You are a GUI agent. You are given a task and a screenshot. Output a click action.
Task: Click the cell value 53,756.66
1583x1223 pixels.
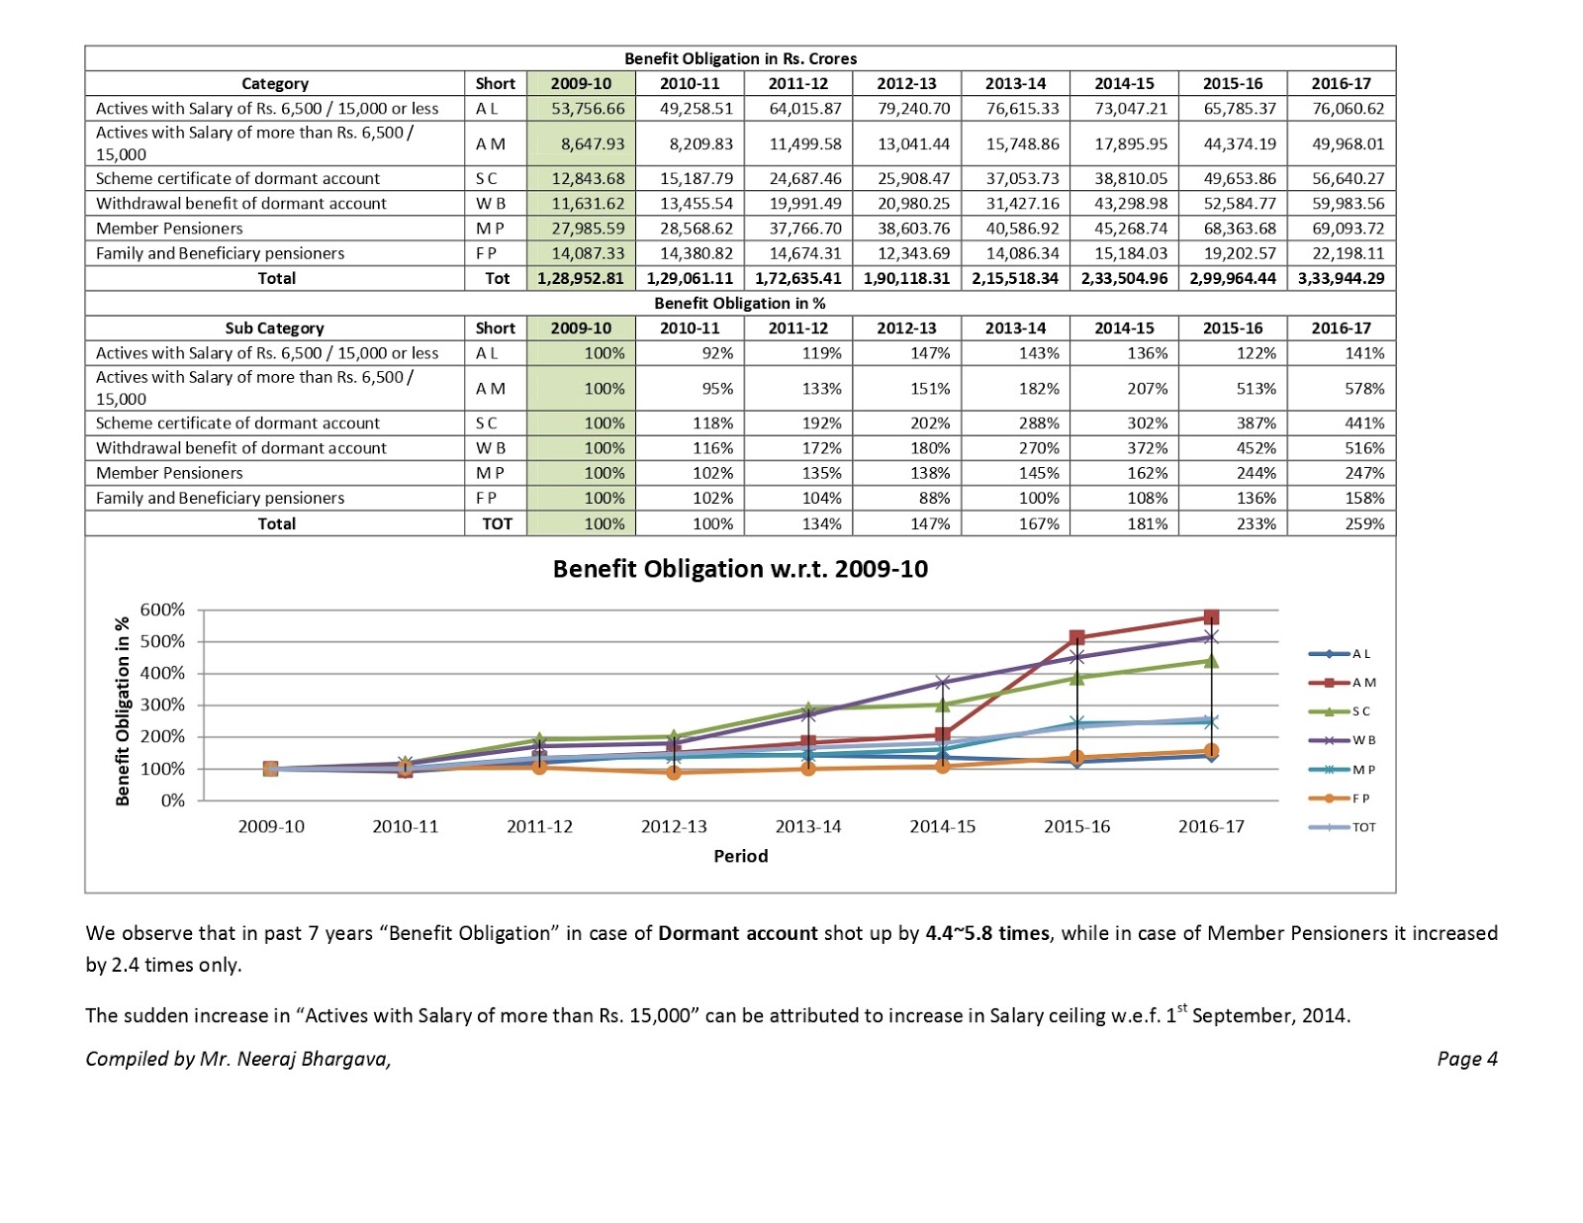click(588, 108)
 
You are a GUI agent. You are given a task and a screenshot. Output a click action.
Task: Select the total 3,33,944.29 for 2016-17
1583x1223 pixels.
click(1341, 278)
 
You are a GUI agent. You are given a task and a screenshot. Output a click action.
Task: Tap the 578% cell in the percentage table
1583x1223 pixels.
click(1364, 389)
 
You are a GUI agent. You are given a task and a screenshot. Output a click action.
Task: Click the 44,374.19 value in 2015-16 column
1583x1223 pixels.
click(1240, 143)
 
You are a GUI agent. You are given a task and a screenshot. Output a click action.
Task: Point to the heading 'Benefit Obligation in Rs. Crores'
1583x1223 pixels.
click(740, 58)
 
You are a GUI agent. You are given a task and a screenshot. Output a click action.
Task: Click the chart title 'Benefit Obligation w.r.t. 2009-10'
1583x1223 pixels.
click(740, 569)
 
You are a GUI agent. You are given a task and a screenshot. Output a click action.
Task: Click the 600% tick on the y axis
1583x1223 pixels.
click(162, 610)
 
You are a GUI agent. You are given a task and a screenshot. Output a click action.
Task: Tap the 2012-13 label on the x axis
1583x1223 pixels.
click(674, 826)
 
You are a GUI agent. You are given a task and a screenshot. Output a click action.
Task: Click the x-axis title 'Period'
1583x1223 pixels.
click(740, 856)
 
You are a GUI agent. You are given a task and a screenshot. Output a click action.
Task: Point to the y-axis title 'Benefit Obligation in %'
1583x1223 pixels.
click(123, 710)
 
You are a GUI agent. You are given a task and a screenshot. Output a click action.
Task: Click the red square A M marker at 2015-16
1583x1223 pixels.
click(1077, 637)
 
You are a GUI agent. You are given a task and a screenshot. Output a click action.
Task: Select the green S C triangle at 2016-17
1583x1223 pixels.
click(1211, 660)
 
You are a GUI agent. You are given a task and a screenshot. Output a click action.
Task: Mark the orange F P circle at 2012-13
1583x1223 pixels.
click(674, 772)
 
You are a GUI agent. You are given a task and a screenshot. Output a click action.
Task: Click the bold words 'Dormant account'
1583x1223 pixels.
click(737, 933)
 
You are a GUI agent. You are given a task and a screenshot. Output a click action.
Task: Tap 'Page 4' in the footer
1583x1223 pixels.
click(1466, 1059)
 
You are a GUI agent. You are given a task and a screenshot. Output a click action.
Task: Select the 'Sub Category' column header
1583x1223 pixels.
click(274, 329)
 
